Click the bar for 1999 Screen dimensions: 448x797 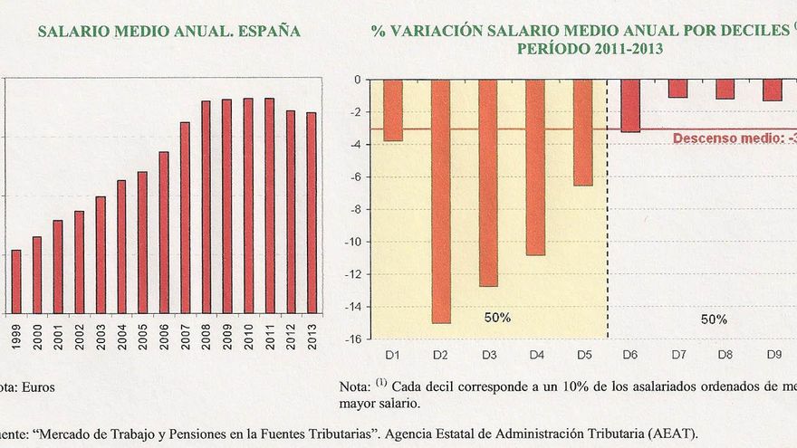[15, 281]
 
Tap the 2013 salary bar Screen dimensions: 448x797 [312, 213]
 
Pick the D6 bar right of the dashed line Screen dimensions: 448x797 [630, 106]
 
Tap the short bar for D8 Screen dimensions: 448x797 [725, 89]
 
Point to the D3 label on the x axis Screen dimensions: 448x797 [488, 356]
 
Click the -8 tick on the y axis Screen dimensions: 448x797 [356, 210]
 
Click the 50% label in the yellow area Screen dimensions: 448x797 [497, 319]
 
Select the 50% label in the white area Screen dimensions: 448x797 [714, 319]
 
